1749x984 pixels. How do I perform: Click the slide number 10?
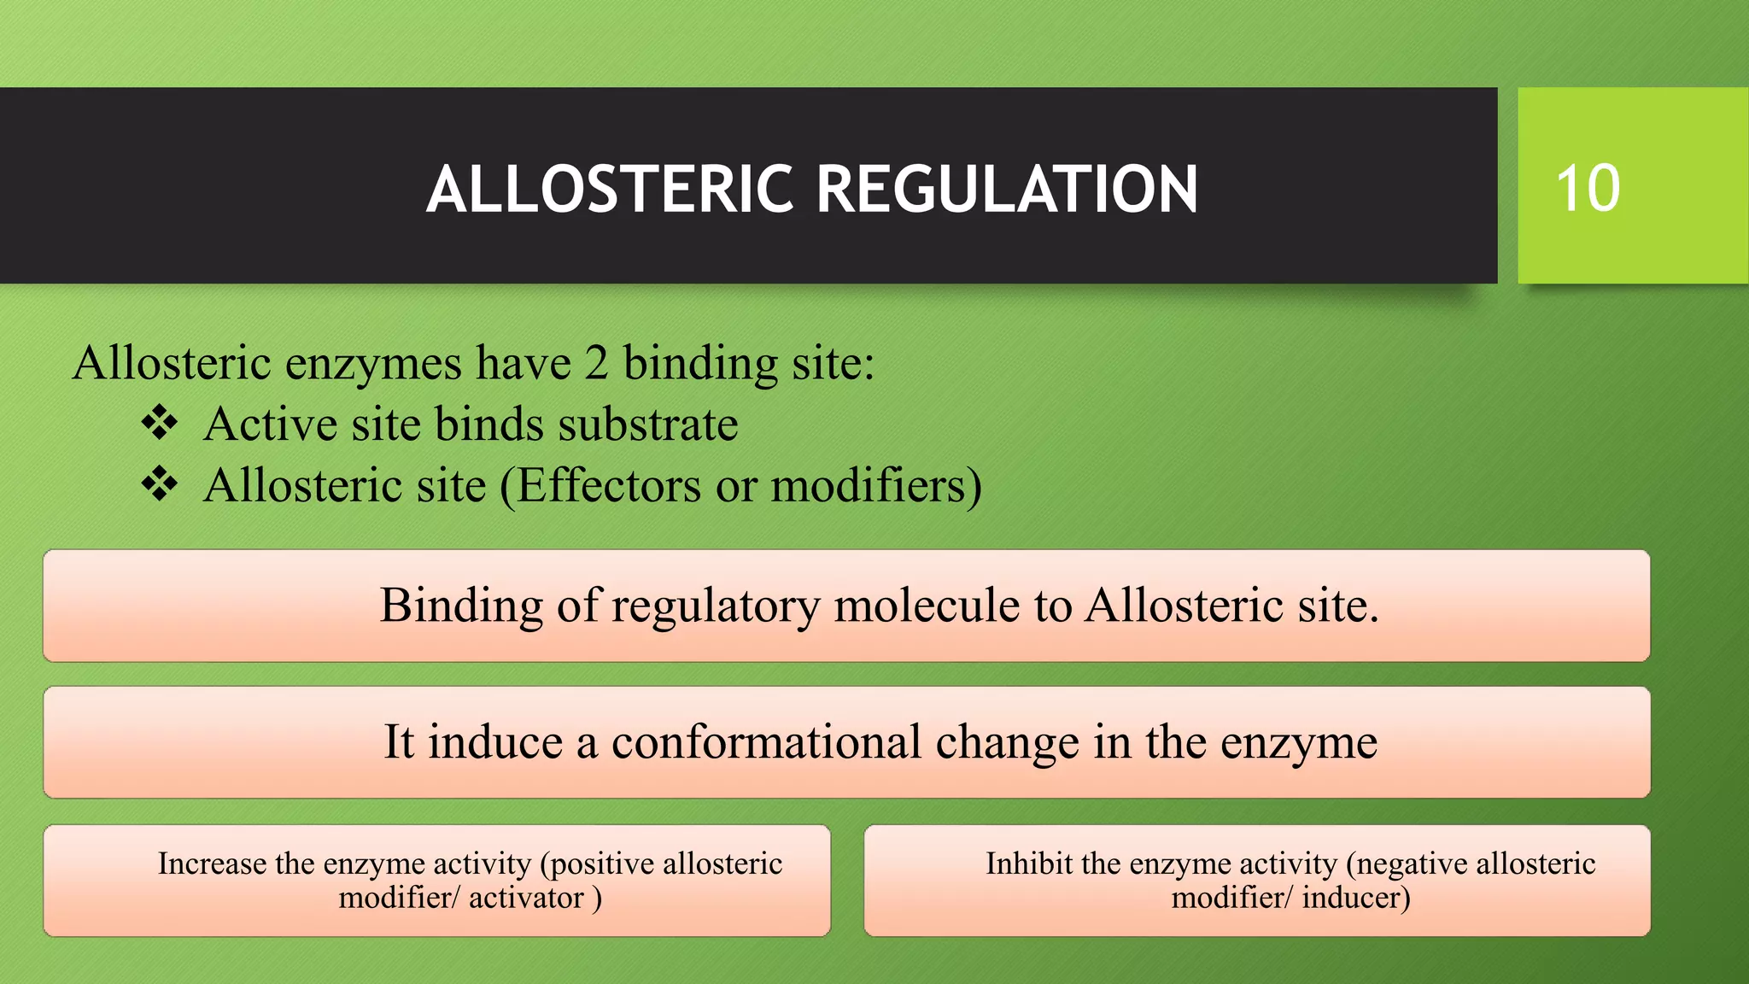1588,188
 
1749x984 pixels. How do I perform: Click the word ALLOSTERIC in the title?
610,189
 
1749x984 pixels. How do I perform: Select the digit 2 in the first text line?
596,363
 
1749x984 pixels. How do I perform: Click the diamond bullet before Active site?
160,424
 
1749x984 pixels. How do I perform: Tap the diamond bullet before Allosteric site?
160,485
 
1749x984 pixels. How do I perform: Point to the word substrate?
648,425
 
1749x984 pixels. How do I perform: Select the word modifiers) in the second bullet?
877,486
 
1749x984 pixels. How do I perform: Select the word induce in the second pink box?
495,741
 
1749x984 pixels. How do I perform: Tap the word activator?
526,898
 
